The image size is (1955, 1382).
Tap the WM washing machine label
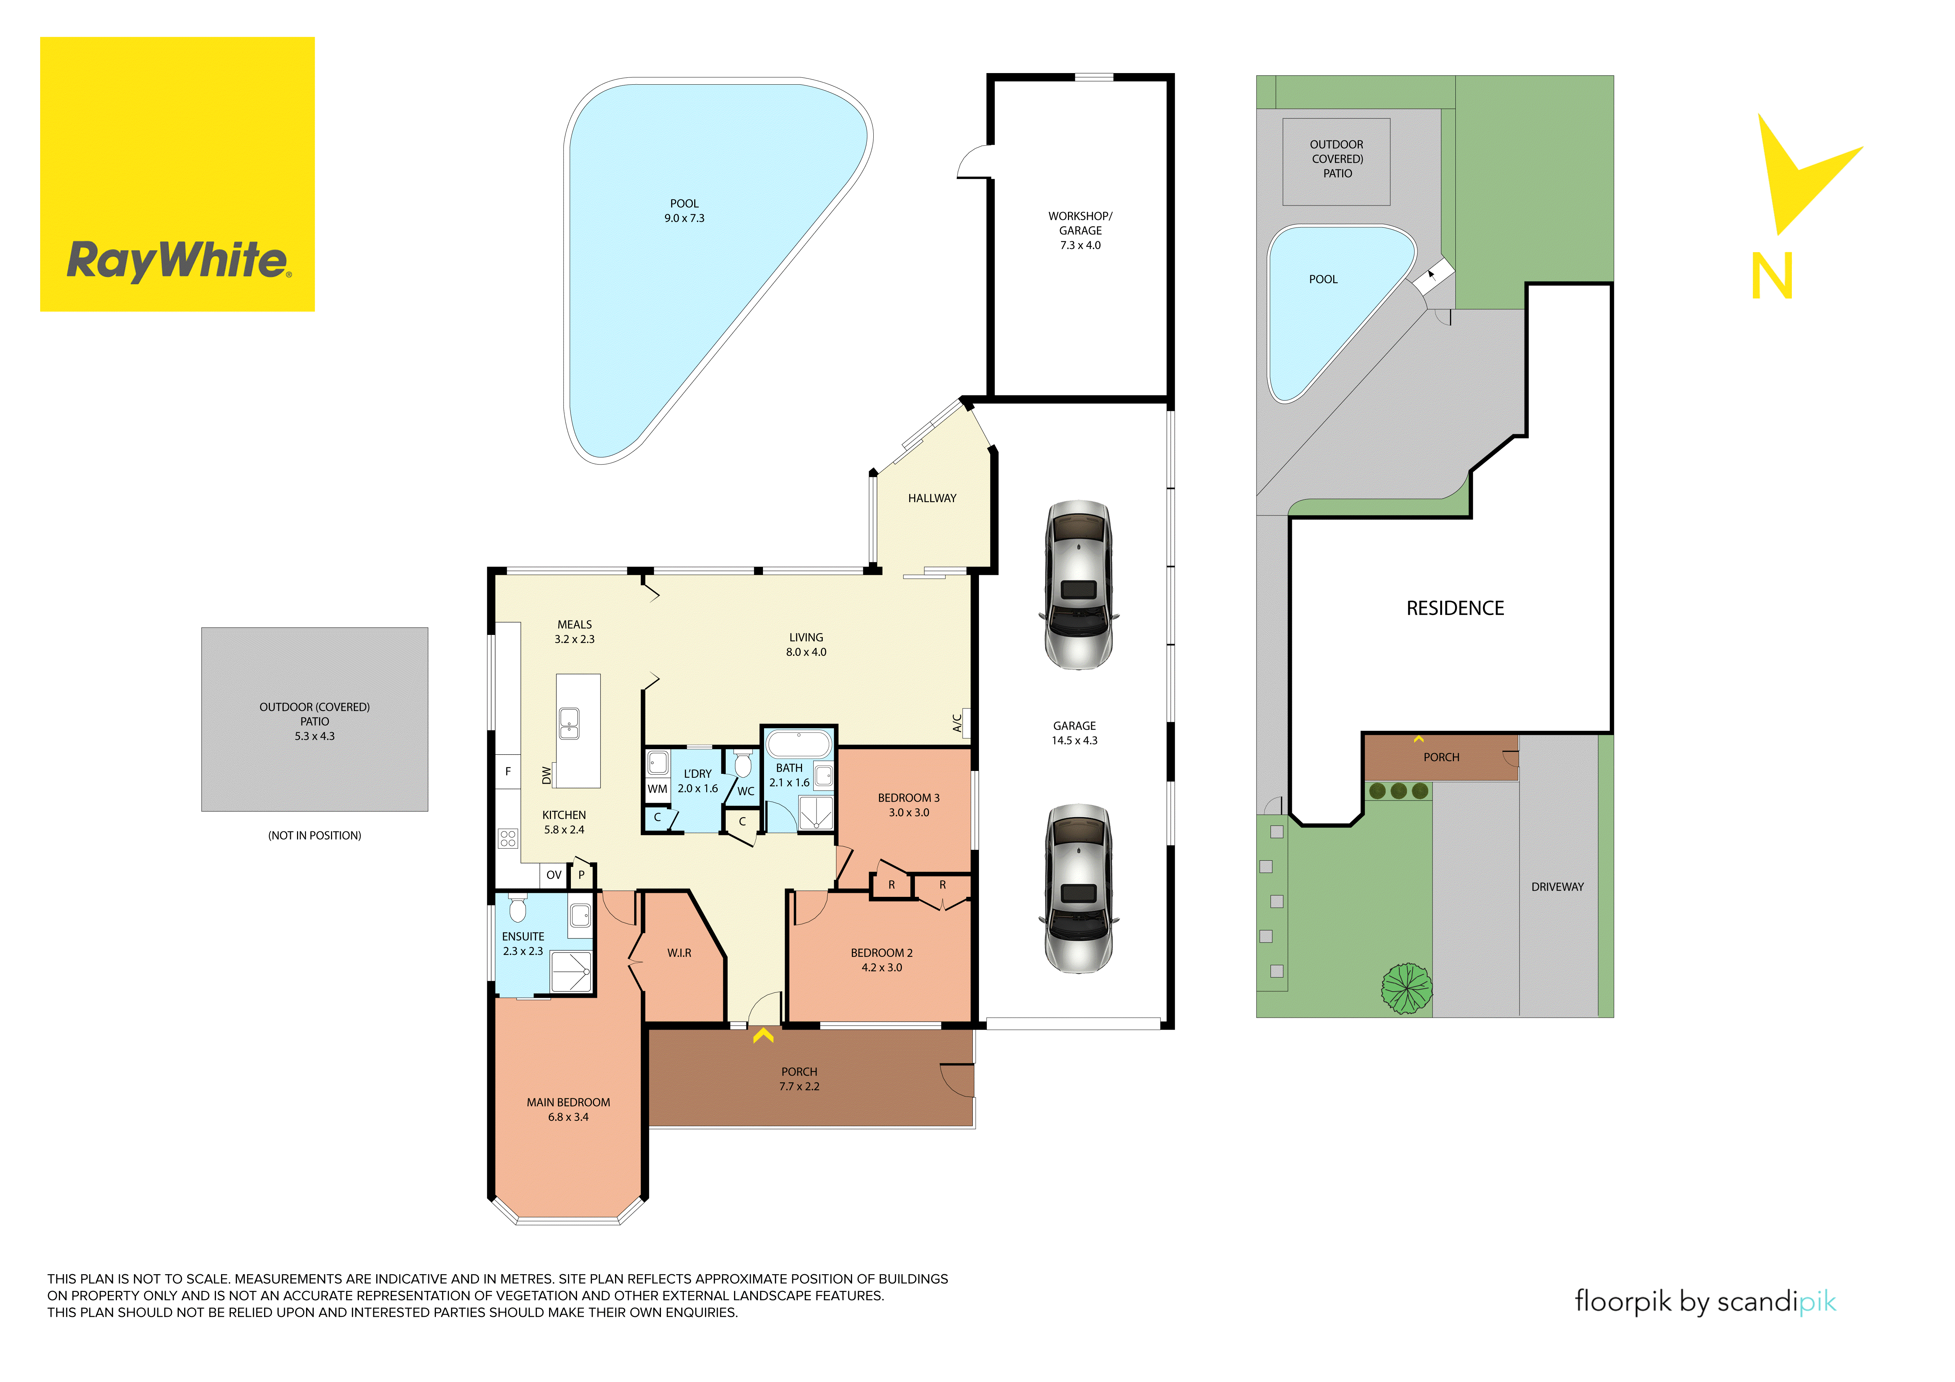tap(657, 789)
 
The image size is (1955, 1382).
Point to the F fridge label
tap(508, 771)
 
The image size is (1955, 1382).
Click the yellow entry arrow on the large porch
tap(763, 1035)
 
